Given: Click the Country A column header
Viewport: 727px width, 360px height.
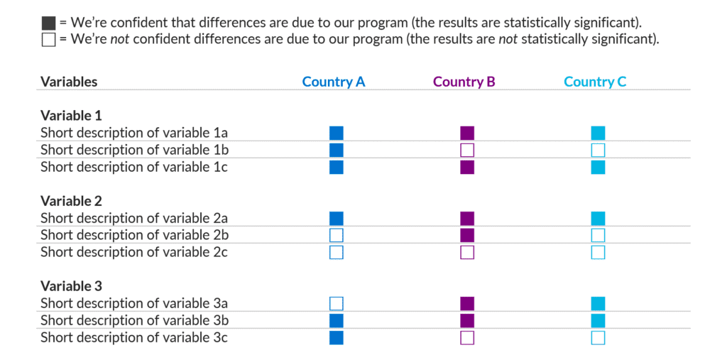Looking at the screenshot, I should coord(334,82).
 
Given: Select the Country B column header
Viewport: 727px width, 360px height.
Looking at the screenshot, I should coord(464,82).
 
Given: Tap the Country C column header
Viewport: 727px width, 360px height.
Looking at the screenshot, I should coord(595,82).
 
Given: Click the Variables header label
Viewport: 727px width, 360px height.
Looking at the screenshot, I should coord(69,82).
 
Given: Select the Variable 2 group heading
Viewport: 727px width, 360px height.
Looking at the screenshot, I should coord(71,201).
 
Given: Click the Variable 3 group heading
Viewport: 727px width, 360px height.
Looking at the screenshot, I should coord(71,286).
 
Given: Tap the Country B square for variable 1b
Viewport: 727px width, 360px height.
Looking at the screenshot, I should coord(467,150).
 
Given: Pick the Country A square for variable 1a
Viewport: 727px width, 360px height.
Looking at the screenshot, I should coord(337,133).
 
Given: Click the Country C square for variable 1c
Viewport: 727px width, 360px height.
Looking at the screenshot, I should coord(598,167).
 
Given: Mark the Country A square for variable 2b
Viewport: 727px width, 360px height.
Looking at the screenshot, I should coord(337,235).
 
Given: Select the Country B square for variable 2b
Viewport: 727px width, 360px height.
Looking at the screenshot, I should coord(467,235).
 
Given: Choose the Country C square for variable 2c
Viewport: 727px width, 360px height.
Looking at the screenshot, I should coord(598,252).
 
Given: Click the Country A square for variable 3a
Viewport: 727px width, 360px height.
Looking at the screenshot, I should coord(337,303).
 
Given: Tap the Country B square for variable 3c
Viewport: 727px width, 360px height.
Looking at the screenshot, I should coord(467,337).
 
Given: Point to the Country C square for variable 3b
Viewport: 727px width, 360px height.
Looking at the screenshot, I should coord(598,320).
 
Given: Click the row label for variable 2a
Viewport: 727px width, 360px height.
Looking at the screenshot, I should coord(134,218).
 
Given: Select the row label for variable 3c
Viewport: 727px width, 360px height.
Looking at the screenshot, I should coord(133,337).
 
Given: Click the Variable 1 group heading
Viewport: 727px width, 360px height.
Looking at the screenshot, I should coord(71,115).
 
